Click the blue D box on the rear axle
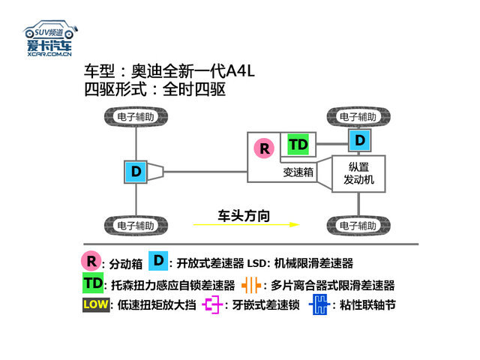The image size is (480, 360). click(136, 171)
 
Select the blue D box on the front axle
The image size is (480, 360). click(360, 139)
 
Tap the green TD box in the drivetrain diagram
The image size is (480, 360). click(298, 144)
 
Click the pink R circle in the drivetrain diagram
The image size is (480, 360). click(264, 148)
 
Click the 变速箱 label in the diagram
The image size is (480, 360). click(298, 172)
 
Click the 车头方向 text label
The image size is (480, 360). click(244, 216)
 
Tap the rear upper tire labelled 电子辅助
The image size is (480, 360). click(136, 117)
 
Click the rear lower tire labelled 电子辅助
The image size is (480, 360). click(136, 225)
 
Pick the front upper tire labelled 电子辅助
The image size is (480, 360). click(358, 117)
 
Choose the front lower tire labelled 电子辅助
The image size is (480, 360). click(358, 225)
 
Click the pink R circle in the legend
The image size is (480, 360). click(91, 262)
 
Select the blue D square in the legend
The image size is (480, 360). click(157, 261)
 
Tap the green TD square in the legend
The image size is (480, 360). click(93, 283)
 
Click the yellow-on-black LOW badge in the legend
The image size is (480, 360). click(95, 304)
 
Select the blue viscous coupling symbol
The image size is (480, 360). click(319, 304)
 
